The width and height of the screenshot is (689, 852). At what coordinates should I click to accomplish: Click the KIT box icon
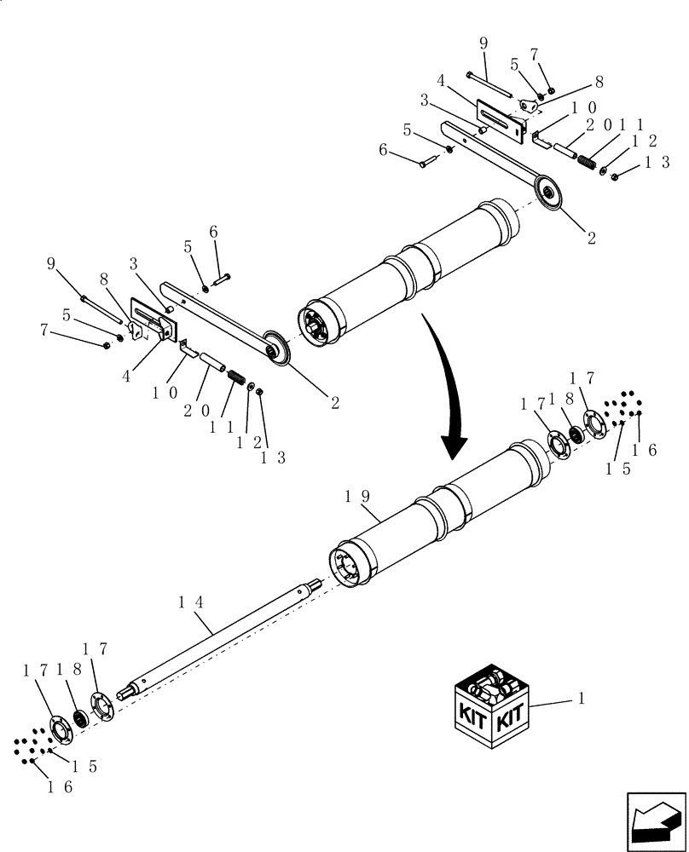click(x=490, y=705)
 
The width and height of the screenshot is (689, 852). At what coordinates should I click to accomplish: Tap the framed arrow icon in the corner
click(x=655, y=820)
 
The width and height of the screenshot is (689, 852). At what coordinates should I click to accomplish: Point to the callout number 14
click(x=192, y=602)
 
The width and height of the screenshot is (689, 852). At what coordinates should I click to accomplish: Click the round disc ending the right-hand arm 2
click(x=549, y=193)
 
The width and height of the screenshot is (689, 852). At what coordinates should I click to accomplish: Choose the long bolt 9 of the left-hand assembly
click(x=102, y=308)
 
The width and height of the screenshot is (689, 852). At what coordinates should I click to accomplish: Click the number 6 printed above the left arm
click(x=213, y=232)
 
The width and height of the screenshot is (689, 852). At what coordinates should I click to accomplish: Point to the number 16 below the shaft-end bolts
click(x=60, y=788)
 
